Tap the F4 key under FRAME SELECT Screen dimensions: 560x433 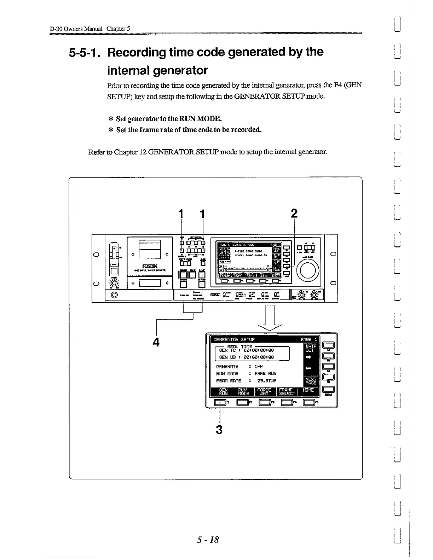[x=287, y=403]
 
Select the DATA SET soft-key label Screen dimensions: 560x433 [x=311, y=348]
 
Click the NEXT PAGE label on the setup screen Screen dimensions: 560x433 [x=311, y=381]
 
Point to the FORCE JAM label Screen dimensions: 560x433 [x=265, y=392]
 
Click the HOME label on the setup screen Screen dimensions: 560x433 [x=308, y=390]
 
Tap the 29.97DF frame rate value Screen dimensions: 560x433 [x=266, y=381]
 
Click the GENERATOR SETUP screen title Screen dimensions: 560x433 [x=234, y=339]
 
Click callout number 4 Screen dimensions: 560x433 [x=155, y=342]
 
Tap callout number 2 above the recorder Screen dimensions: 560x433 [x=294, y=214]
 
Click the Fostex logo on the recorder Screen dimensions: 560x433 [x=150, y=266]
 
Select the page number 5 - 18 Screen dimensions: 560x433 [x=208, y=540]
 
